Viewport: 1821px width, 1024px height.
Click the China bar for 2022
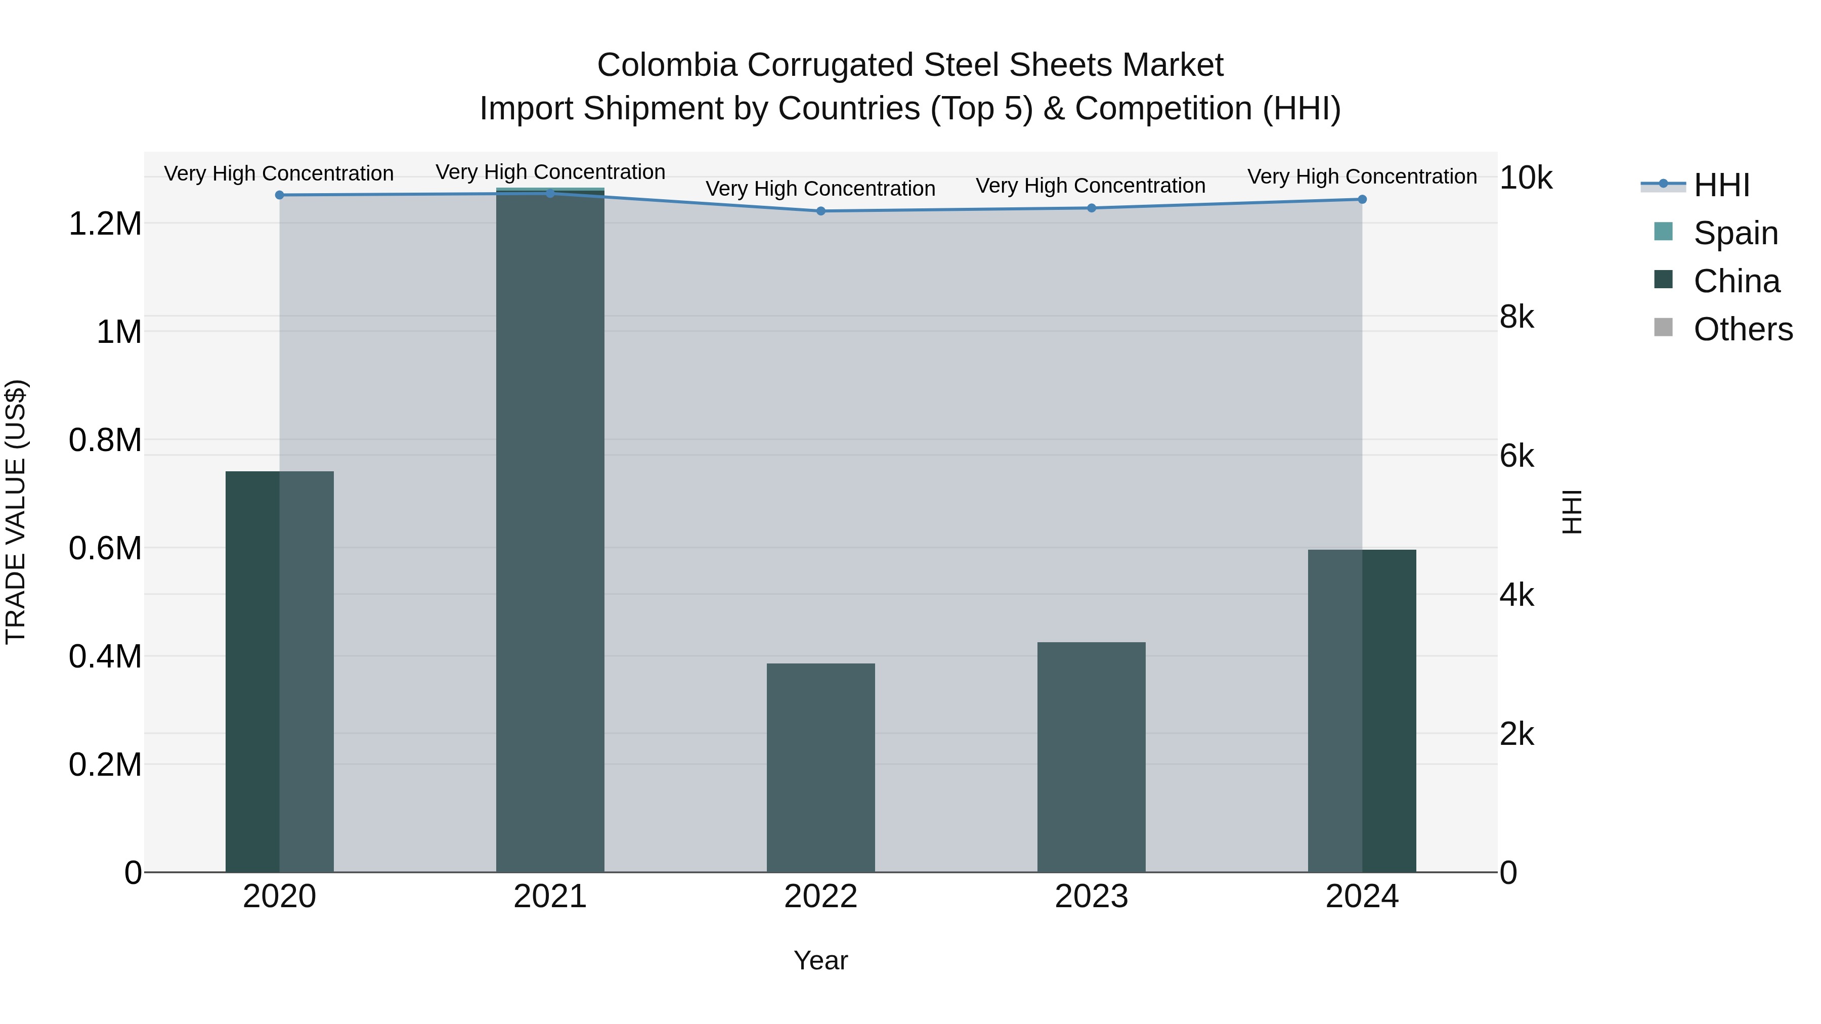pos(821,768)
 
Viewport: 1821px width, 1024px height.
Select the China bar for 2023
pos(1091,757)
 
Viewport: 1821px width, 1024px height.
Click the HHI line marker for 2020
pos(279,195)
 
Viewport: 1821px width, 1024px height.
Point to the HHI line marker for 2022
pos(821,210)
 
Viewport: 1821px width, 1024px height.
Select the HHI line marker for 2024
pos(1362,199)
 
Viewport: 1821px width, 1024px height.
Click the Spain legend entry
pos(1735,233)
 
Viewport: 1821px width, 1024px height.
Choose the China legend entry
pos(1736,281)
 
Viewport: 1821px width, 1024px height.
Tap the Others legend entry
pos(1743,329)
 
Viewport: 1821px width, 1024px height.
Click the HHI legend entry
pos(1721,185)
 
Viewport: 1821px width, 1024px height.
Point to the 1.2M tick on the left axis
pos(105,224)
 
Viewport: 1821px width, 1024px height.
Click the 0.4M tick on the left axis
pos(105,656)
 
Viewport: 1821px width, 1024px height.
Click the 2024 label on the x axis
pos(1362,897)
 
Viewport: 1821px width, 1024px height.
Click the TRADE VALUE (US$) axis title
pos(16,512)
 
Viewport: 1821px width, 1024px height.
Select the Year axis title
pos(820,960)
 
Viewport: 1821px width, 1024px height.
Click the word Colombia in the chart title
pos(667,65)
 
